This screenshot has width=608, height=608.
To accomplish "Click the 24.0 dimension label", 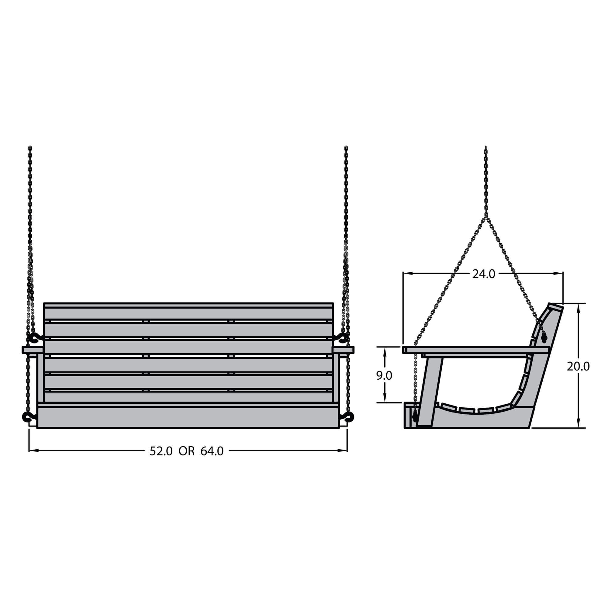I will [x=483, y=275].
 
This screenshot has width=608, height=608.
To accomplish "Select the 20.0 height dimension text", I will [x=578, y=366].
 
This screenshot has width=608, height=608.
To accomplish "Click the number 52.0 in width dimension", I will [x=161, y=451].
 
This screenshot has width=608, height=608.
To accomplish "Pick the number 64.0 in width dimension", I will [x=212, y=451].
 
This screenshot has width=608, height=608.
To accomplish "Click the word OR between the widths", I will [x=187, y=451].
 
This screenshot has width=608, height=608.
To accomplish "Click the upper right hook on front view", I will [x=342, y=338].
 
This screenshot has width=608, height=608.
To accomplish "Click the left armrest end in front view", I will [x=32, y=350].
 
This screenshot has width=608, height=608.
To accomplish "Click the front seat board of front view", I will [x=189, y=417].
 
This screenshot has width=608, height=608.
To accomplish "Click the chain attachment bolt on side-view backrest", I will [x=545, y=339].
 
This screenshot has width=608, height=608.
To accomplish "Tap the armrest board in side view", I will [x=475, y=350].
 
